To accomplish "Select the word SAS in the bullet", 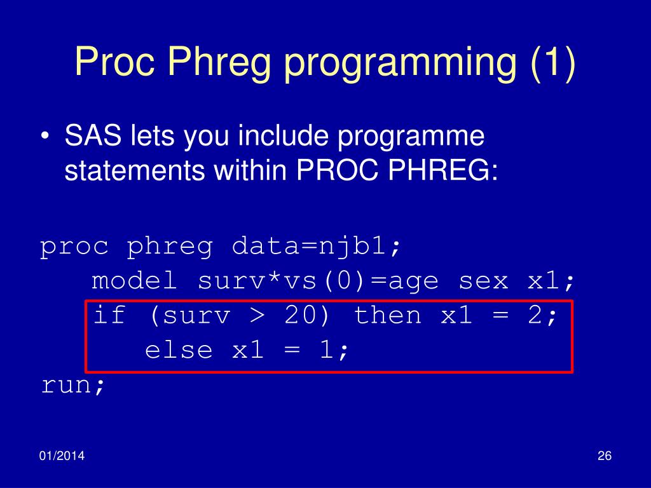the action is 93,135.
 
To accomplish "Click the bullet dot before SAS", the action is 45,137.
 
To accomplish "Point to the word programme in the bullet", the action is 411,137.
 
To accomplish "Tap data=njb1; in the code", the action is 317,247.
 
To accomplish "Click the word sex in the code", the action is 483,281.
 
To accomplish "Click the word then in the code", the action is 387,315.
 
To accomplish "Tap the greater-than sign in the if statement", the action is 258,316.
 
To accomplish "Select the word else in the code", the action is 179,349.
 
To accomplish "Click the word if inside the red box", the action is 109,315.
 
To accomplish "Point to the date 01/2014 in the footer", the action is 62,456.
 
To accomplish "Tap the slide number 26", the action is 605,456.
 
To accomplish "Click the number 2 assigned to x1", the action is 535,315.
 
